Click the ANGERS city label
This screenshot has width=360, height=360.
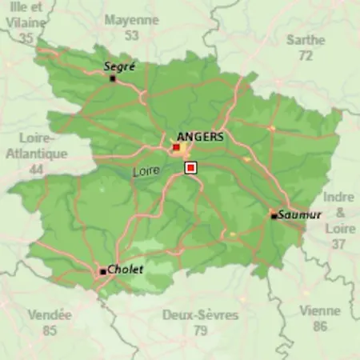201,137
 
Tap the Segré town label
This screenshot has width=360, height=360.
119,67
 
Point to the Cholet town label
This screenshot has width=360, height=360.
126,270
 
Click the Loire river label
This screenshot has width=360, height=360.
146,171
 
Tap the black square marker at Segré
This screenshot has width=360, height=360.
113,78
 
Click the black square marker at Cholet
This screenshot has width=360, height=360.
102,272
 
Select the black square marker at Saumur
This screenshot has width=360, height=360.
274,214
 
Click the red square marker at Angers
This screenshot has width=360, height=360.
176,147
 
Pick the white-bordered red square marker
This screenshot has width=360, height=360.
190,167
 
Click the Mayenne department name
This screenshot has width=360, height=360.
132,19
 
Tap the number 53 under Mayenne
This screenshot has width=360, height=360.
132,35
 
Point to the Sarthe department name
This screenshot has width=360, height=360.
306,39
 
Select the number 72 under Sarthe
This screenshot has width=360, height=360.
306,55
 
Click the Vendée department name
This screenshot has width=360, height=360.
50,315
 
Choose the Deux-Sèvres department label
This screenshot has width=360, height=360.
201,315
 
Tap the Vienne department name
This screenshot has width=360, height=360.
320,311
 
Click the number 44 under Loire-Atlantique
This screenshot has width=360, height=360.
35,170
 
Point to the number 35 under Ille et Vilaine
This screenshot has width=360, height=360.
27,38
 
